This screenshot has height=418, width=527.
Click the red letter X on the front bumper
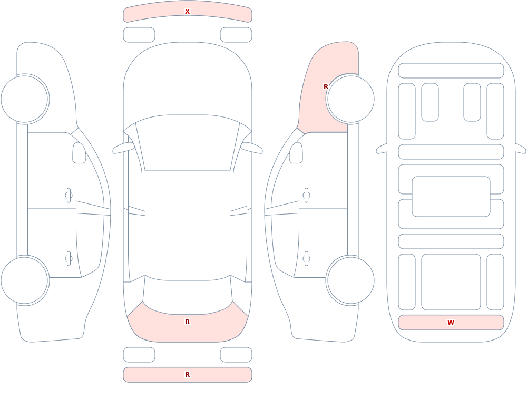187,12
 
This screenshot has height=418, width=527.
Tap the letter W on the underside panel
451,323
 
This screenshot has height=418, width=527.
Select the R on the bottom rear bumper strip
187,375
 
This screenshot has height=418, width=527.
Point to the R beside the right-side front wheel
326,87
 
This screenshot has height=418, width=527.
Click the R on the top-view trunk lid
187,322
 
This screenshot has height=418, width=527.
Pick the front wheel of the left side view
25,99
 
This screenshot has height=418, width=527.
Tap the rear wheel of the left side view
25,280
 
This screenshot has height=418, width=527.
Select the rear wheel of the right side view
350,280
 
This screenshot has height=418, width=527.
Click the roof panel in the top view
188,225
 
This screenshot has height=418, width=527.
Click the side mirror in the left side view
80,153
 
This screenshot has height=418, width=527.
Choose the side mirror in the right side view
296,153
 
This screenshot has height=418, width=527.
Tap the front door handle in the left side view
69,196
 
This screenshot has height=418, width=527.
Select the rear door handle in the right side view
306,259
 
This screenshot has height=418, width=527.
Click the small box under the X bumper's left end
139,35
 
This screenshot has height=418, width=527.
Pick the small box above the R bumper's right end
236,355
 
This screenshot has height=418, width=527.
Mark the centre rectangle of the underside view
451,197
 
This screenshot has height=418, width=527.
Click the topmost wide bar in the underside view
451,71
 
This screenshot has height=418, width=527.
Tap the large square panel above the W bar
451,282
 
